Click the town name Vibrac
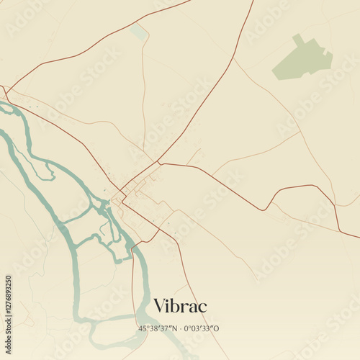pyautogui.click(x=180, y=306)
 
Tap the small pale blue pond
pyautogui.click(x=138, y=32)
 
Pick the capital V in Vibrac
pyautogui.click(x=161, y=306)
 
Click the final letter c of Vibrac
pyautogui.click(x=202, y=307)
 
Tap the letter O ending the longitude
pyautogui.click(x=216, y=328)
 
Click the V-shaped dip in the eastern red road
pyautogui.click(x=265, y=210)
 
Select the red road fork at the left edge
pyautogui.click(x=5, y=93)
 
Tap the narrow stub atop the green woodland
pyautogui.click(x=297, y=38)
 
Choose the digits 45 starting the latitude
pyautogui.click(x=143, y=328)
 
